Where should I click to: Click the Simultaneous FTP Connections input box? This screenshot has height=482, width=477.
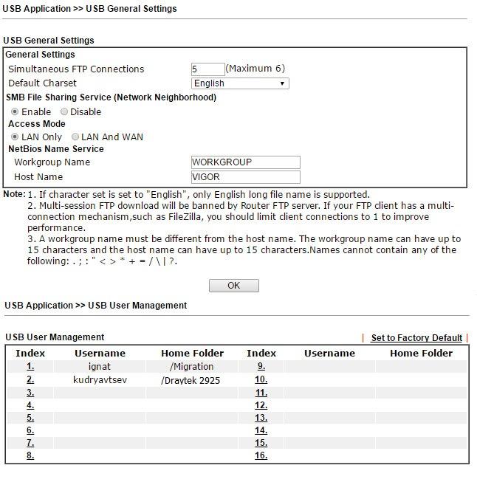point(207,69)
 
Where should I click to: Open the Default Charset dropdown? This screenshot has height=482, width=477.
point(239,83)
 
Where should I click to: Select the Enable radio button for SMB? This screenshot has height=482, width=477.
point(15,111)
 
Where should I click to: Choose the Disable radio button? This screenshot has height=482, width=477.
point(64,111)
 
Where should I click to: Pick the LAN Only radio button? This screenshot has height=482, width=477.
point(15,137)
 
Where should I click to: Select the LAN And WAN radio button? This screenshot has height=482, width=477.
point(75,137)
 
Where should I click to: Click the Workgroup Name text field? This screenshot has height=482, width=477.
point(245,162)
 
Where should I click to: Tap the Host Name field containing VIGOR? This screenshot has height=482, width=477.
point(245,177)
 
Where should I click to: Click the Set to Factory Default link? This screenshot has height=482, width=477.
point(416,338)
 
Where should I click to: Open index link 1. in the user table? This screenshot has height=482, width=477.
point(30,366)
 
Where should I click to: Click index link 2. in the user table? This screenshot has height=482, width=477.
point(30,379)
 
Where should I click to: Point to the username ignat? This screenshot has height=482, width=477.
point(100,366)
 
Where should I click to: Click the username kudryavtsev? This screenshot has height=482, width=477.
point(100,379)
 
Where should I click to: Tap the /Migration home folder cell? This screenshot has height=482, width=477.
point(192,366)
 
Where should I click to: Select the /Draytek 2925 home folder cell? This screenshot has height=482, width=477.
point(191,380)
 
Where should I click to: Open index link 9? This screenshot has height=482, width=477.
point(261,366)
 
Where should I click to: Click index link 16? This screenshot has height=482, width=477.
point(261,455)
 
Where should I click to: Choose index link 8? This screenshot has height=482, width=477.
point(30,455)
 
